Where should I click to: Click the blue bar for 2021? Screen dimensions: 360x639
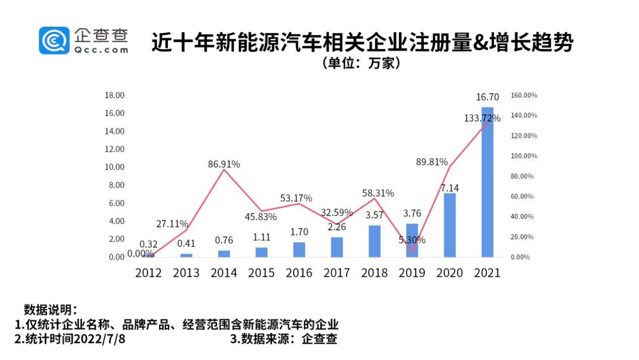tap(487, 182)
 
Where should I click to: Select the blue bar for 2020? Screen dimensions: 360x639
tap(450, 225)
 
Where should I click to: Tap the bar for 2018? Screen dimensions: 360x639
tap(374, 241)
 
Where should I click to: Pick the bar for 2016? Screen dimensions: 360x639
tap(299, 249)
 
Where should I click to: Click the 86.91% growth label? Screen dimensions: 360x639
tap(224, 164)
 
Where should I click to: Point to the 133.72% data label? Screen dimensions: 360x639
tap(482, 118)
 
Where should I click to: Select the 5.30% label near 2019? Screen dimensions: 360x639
tap(412, 240)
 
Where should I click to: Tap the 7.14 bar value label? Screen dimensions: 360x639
tap(450, 188)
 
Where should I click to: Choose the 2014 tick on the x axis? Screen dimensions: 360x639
tap(224, 273)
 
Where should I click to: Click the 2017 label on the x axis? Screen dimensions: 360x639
tap(337, 273)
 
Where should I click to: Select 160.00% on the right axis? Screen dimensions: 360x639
tap(524, 95)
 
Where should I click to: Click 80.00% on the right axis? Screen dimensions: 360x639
tap(523, 176)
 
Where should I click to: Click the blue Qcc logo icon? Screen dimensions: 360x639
tap(54, 40)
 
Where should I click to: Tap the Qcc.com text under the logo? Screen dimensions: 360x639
tap(101, 49)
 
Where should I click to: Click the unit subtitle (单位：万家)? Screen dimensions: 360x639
tap(361, 64)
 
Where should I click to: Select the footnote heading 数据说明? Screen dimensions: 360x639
tap(50, 310)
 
